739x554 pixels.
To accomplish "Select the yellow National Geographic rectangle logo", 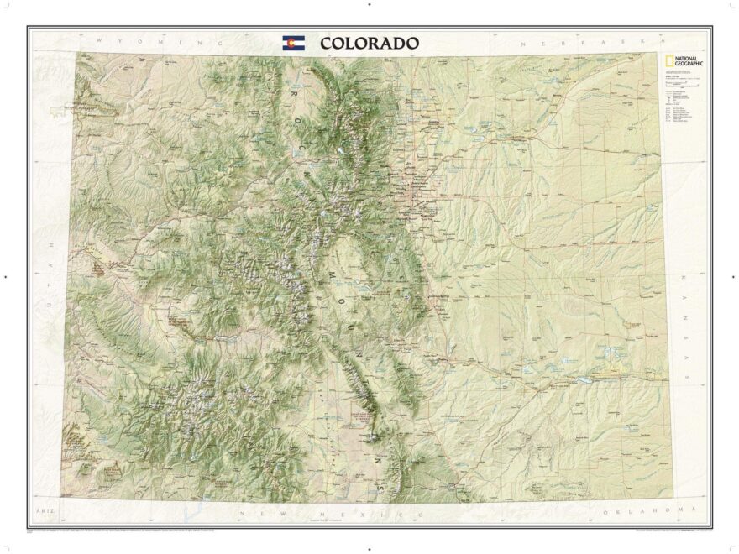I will point(663,60).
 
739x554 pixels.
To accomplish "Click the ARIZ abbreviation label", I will point(42,510).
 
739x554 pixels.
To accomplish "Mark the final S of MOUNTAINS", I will point(382,486).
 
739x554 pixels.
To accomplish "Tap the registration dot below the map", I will point(369,548).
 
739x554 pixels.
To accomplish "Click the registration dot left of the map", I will point(6,276).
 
